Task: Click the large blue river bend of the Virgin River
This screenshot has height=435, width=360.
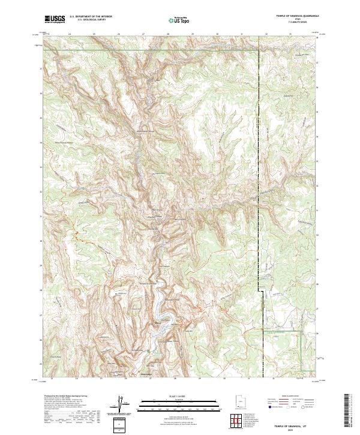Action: (160, 317)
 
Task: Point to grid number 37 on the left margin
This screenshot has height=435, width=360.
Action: (41, 68)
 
